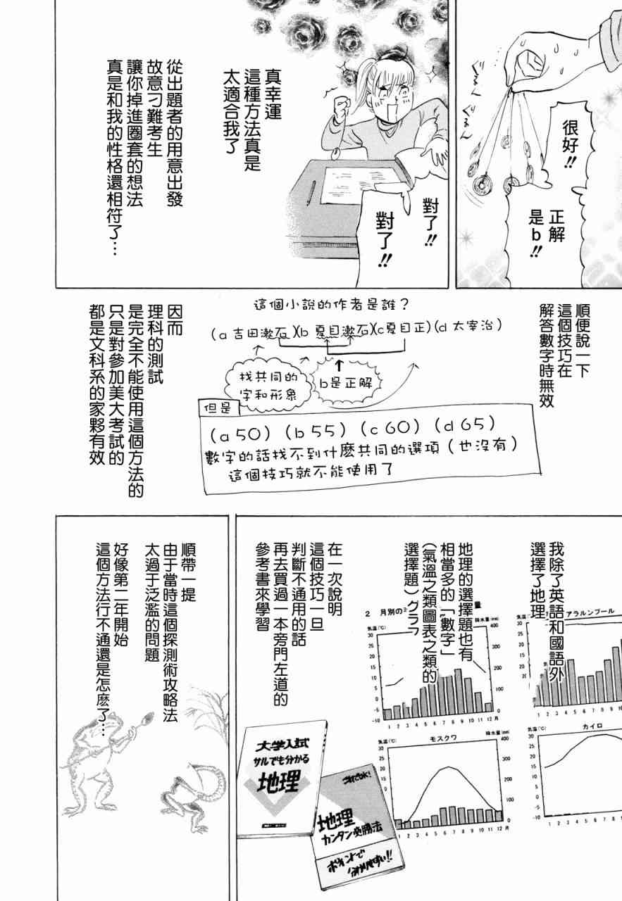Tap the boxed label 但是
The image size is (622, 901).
215,408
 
